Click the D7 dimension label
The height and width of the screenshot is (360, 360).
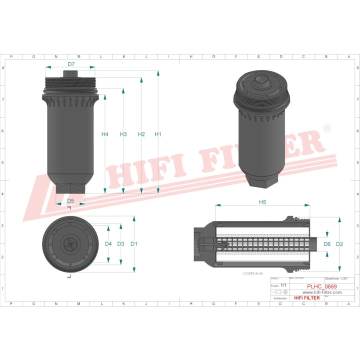click(x=71, y=64)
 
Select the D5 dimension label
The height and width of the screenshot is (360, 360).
click(x=70, y=201)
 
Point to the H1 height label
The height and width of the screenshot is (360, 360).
click(x=158, y=134)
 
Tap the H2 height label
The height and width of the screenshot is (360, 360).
click(x=141, y=134)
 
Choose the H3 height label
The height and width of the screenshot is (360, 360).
click(x=123, y=134)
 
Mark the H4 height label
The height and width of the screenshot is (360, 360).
click(x=105, y=134)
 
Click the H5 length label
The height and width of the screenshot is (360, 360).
click(x=262, y=202)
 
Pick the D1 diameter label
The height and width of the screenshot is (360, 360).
click(x=134, y=244)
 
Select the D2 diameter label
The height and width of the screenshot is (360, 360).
click(x=339, y=244)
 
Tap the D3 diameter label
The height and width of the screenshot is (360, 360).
click(x=120, y=244)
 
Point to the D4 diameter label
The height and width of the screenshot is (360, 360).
click(x=108, y=244)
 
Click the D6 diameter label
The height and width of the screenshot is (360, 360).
click(x=327, y=244)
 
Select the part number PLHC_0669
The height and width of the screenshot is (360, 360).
click(x=321, y=286)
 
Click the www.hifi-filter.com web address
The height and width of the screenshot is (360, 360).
click(x=321, y=292)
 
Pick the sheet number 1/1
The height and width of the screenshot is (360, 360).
click(x=283, y=285)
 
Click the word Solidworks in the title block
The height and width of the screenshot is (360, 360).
click(x=278, y=297)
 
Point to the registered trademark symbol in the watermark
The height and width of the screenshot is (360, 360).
click(x=327, y=128)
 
